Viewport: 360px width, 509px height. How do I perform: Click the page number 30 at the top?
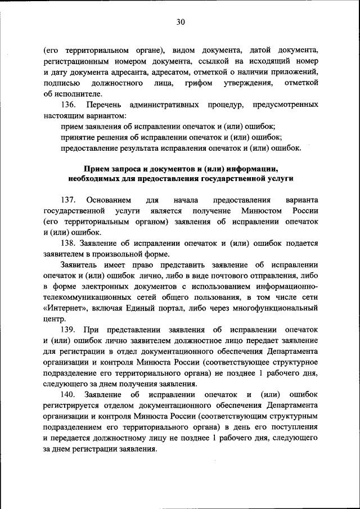point(180,22)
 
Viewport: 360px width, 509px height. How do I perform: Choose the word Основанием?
point(109,200)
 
